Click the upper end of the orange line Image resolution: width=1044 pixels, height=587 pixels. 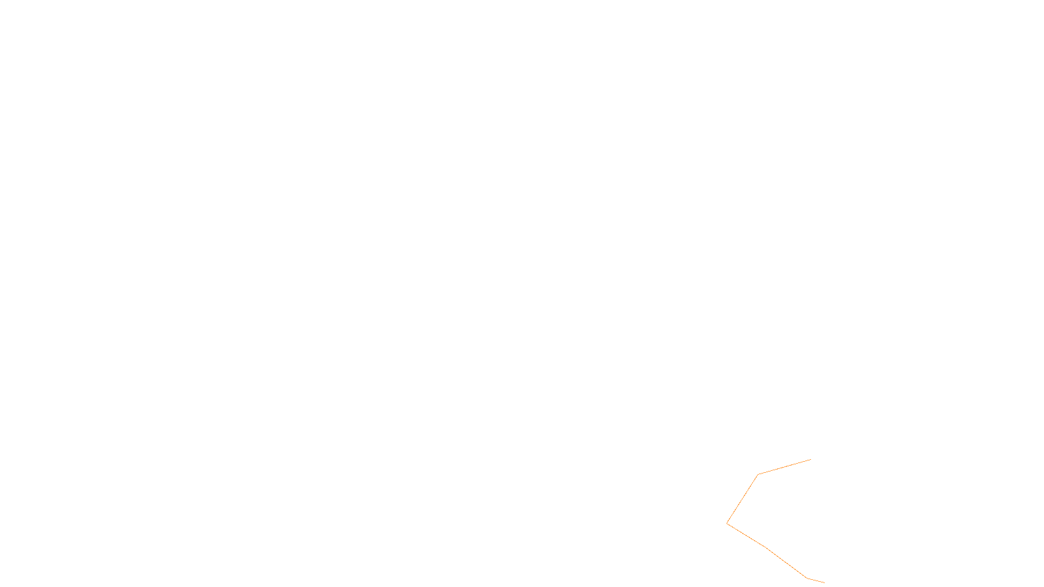[810, 460]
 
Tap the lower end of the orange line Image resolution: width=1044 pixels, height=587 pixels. [824, 582]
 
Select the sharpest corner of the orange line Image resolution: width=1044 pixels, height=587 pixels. [727, 523]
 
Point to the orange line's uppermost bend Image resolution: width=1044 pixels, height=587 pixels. [758, 475]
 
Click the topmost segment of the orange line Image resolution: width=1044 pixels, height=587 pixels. [784, 467]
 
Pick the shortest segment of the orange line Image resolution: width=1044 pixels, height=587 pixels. [816, 580]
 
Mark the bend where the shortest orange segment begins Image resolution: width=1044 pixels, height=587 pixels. [807, 578]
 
